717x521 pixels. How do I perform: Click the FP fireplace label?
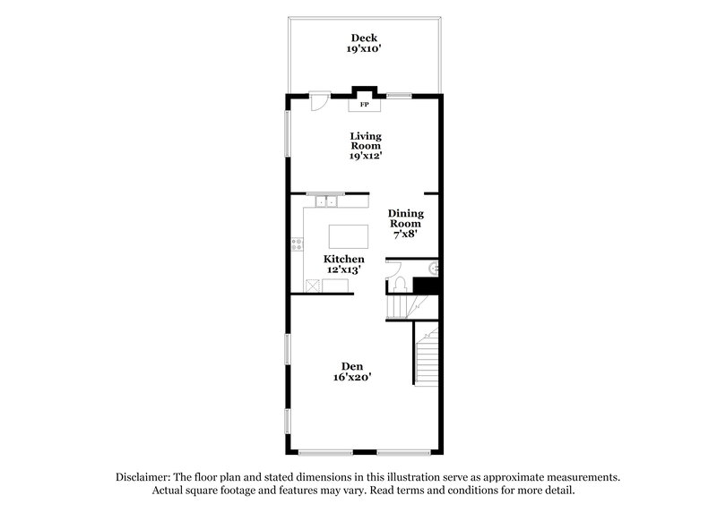pyautogui.click(x=365, y=106)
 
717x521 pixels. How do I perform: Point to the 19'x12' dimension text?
pyautogui.click(x=366, y=156)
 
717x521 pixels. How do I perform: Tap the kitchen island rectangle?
pyautogui.click(x=348, y=236)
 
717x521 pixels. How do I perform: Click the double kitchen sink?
pyautogui.click(x=326, y=201)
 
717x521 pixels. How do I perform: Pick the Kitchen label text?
pyautogui.click(x=344, y=259)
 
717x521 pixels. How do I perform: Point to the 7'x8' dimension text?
pyautogui.click(x=405, y=234)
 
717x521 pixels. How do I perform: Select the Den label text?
pyautogui.click(x=351, y=365)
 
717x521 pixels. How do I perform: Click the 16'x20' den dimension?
pyautogui.click(x=351, y=378)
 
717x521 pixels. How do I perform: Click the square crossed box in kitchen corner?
pyautogui.click(x=311, y=286)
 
